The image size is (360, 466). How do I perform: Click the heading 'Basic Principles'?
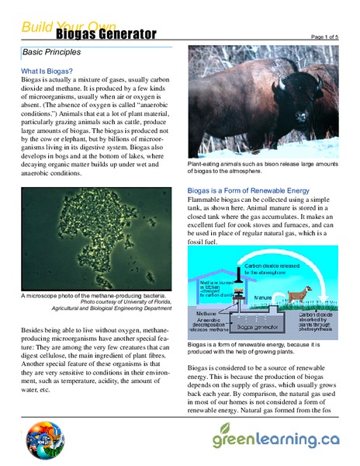coord(52,54)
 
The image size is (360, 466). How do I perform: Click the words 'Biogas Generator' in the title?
coord(106,34)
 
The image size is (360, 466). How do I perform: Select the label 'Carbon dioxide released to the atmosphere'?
coord(274,269)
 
